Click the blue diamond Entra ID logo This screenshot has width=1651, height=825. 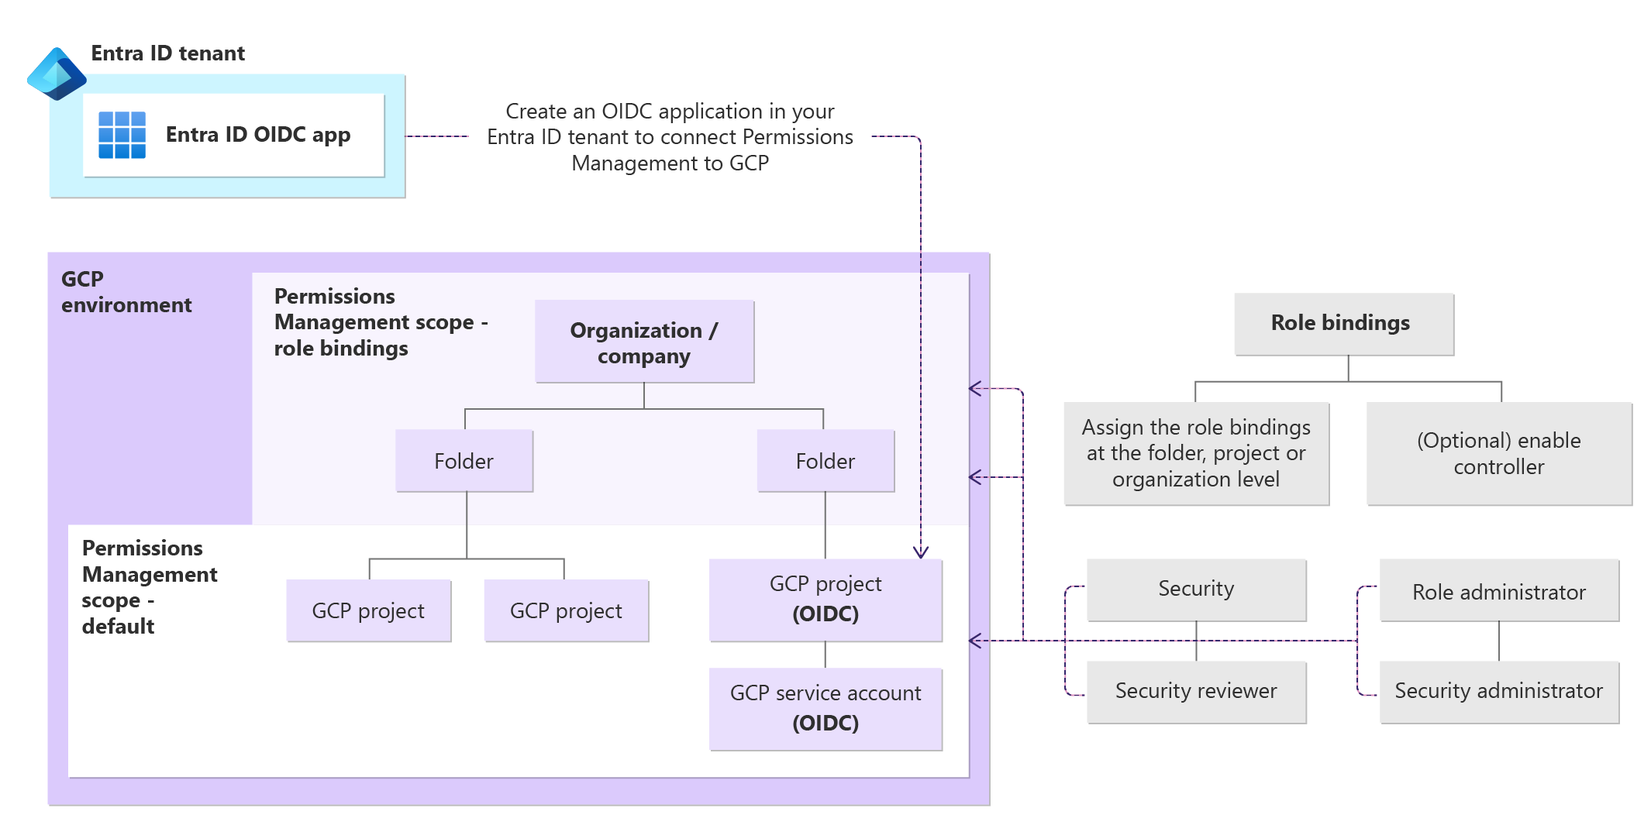pos(56,74)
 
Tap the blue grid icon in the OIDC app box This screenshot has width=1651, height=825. pos(122,135)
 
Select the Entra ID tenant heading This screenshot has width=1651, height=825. pos(167,53)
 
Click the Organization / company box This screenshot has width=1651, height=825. pos(644,342)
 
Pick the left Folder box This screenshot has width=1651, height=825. pos(464,461)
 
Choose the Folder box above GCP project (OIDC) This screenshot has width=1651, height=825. pos(825,461)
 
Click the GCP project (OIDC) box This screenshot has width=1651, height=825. pos(825,599)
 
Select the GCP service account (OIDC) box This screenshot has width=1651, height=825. pos(825,708)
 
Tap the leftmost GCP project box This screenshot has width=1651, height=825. pos(368,610)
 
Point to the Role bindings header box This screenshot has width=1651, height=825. pos(1343,323)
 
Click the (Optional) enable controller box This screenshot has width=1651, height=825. pos(1498,453)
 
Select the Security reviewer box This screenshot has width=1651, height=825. pos(1196,691)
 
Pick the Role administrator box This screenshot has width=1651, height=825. pos(1498,592)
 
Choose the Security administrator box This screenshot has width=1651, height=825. pos(1498,691)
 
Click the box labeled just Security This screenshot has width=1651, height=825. pos(1196,589)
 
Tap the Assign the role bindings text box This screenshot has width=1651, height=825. pos(1196,453)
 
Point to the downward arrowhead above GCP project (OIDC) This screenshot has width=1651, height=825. pos(920,552)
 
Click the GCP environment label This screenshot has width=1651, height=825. pos(125,292)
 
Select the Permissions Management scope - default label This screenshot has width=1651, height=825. pos(148,587)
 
